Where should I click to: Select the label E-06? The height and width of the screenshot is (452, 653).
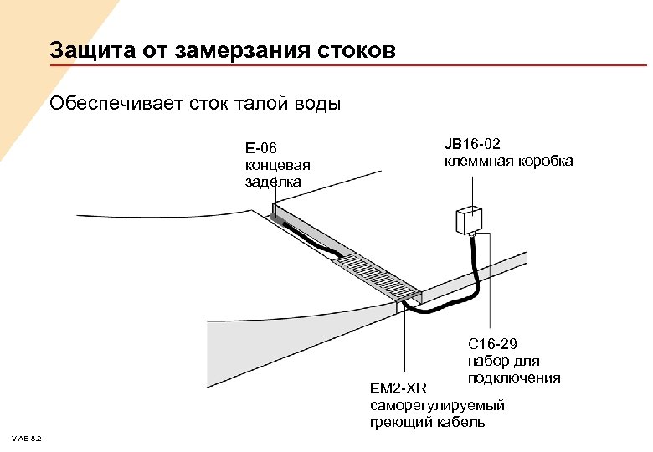(x=260, y=148)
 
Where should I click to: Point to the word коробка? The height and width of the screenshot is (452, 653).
(x=544, y=160)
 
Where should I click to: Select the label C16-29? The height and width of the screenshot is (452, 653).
(x=493, y=345)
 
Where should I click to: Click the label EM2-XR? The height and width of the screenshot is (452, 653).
(x=398, y=388)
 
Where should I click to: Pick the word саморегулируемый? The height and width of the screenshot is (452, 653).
(x=437, y=405)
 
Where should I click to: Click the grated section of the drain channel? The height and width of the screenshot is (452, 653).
(x=377, y=272)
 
